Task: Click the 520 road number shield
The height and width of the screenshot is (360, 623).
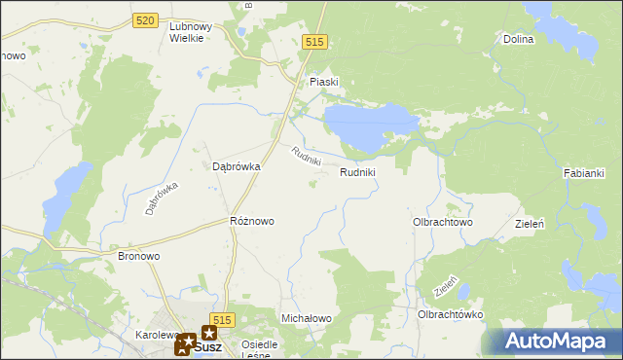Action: [x=146, y=20]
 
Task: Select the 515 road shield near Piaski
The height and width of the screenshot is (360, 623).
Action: [x=314, y=42]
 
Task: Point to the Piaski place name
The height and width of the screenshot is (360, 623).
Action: [x=323, y=82]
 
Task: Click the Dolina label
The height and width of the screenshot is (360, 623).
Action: [x=519, y=40]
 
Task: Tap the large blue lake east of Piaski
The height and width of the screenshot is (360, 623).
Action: [x=370, y=126]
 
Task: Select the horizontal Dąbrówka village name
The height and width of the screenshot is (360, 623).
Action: [x=237, y=166]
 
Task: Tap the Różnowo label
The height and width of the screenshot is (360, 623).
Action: [x=251, y=221]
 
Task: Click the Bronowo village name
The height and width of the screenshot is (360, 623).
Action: [x=138, y=256]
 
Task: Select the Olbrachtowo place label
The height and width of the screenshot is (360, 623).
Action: [x=443, y=222]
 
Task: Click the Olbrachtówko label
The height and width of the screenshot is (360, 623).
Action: [x=451, y=314]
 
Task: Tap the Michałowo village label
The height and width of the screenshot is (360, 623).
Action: [x=307, y=318]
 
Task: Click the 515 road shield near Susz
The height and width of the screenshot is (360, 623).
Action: [x=223, y=320]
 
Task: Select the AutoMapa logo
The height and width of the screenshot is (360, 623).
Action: [x=555, y=341]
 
